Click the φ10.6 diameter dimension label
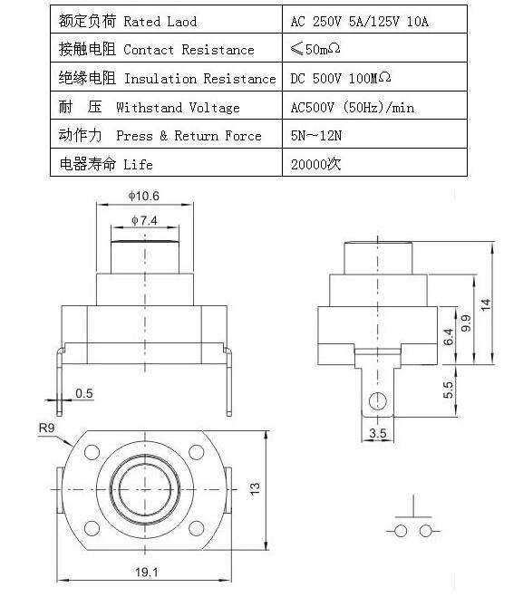143,196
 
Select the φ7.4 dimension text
144,220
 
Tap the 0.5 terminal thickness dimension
83,393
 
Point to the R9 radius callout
46,428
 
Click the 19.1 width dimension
146,572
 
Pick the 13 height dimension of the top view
255,488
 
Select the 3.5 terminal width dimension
377,433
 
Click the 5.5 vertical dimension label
449,390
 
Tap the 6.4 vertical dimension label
449,337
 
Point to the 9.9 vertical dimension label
466,323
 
